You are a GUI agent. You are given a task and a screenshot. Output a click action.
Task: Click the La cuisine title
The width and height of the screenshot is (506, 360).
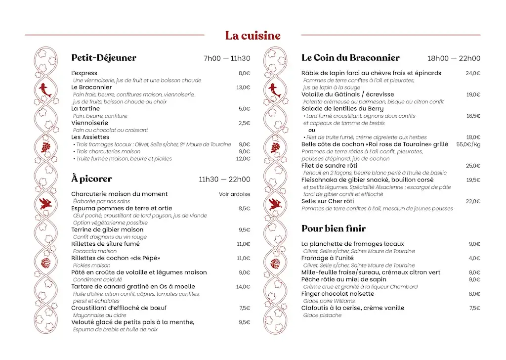253,36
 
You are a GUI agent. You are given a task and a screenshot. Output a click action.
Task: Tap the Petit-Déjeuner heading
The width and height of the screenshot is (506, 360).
104,58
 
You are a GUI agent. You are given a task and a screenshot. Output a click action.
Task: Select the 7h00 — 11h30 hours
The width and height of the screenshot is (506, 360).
227,58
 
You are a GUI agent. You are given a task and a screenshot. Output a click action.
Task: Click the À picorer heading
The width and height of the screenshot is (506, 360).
91,179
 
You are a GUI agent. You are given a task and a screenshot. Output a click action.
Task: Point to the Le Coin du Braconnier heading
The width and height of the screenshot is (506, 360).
350,58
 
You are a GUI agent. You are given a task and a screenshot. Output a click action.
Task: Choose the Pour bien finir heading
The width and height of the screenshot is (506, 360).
334,228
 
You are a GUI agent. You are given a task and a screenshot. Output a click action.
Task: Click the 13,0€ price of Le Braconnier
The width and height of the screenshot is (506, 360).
243,88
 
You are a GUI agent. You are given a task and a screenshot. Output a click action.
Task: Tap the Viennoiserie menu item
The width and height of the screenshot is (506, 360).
89,123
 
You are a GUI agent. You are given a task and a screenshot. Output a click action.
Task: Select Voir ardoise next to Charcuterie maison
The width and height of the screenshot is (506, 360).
235,194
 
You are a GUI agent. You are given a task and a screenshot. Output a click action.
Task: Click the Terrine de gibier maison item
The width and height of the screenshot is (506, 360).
107,230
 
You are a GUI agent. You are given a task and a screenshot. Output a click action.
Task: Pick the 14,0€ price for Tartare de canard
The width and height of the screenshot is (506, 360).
243,287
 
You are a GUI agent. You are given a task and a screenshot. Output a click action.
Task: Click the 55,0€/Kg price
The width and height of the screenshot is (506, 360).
468,144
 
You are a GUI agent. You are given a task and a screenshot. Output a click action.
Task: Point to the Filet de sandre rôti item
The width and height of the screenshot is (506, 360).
329,166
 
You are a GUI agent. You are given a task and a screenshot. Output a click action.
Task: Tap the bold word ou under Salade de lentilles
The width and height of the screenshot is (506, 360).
312,130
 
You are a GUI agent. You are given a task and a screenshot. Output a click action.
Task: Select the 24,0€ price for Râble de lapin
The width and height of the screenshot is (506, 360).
473,73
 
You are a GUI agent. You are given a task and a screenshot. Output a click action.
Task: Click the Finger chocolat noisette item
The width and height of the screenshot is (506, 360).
337,294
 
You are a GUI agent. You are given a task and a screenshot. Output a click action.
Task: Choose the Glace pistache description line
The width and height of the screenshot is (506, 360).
322,315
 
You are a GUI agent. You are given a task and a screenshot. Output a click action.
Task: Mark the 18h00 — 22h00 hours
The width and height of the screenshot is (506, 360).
454,58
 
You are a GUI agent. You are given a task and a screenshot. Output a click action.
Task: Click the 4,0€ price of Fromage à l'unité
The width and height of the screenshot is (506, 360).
474,258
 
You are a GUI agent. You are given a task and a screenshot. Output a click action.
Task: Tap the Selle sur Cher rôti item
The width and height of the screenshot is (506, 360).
328,201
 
